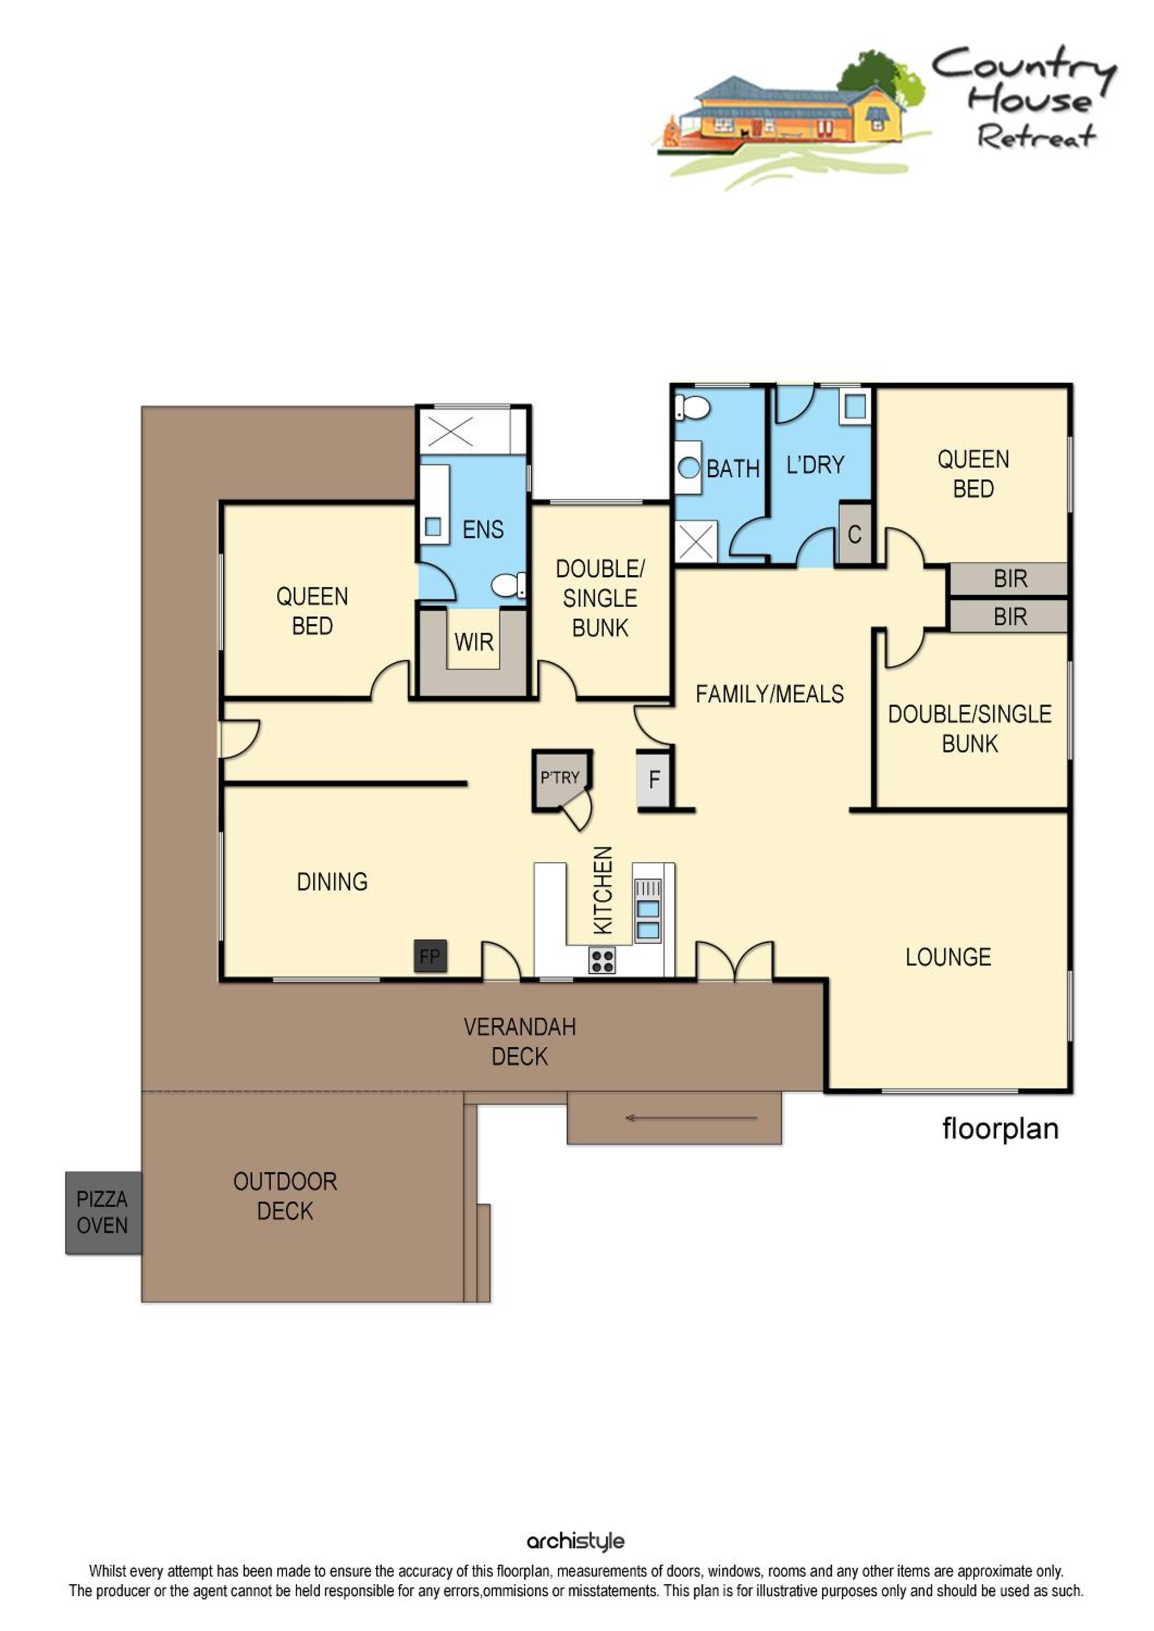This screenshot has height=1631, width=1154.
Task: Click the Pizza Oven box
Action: pos(104,1212)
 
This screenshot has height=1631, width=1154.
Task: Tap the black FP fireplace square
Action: pos(431,956)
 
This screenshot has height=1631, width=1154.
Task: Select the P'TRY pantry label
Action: pos(560,778)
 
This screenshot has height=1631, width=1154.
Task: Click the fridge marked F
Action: pos(654,779)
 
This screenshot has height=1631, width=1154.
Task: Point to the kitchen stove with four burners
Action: pos(602,961)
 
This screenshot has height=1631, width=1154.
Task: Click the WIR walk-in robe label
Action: pos(474,642)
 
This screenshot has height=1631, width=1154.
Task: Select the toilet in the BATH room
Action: pos(693,408)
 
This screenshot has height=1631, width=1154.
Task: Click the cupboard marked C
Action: pos(855,534)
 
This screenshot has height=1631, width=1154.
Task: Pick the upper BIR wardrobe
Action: pos(1009,579)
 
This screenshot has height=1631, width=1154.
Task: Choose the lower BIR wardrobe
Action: pos(1009,617)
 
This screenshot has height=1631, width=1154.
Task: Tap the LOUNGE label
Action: pos(948,957)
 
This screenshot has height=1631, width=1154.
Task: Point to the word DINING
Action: pos(332,882)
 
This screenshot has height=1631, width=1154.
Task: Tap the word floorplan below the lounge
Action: pos(1001,1129)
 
